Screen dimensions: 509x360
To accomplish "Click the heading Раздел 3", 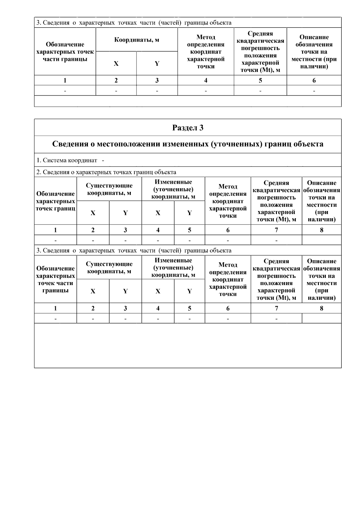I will tap(188, 128).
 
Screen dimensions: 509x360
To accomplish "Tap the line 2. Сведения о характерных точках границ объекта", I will tap(106, 172).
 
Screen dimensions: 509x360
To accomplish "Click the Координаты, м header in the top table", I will tap(136, 40).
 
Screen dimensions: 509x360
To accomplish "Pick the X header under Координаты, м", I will tap(116, 64).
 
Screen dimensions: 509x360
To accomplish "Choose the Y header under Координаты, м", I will tap(157, 64).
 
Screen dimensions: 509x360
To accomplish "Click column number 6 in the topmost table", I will tap(314, 80).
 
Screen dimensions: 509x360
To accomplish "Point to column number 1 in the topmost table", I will tap(65, 80).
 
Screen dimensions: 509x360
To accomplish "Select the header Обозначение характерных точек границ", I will tap(55, 201).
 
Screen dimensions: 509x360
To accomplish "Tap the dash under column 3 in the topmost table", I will tap(157, 91).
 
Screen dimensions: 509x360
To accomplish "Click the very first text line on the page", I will tap(134, 23).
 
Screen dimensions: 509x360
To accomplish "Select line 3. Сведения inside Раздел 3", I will tap(134, 251).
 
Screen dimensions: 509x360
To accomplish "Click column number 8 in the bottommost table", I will tap(321, 308).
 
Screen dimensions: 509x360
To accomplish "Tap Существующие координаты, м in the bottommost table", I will tap(109, 268).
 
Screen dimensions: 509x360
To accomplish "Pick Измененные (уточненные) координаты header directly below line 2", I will tap(173, 189).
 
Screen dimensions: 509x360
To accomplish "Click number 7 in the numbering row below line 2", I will tap(276, 230).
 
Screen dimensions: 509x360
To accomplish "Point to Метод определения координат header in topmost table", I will tap(205, 52).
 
